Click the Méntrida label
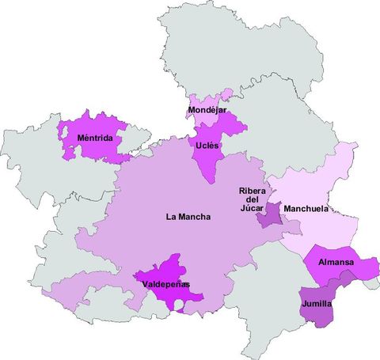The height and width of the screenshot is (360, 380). (94, 139)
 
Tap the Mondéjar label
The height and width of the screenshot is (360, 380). (207, 110)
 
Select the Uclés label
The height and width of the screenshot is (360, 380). (208, 146)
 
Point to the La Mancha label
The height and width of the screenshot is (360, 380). (188, 216)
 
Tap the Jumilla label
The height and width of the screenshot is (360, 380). (317, 304)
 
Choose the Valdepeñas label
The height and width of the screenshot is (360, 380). (166, 285)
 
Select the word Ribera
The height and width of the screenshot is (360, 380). (252, 191)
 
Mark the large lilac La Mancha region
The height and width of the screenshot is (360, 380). (158, 190)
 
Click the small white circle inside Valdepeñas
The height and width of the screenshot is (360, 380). (180, 304)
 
